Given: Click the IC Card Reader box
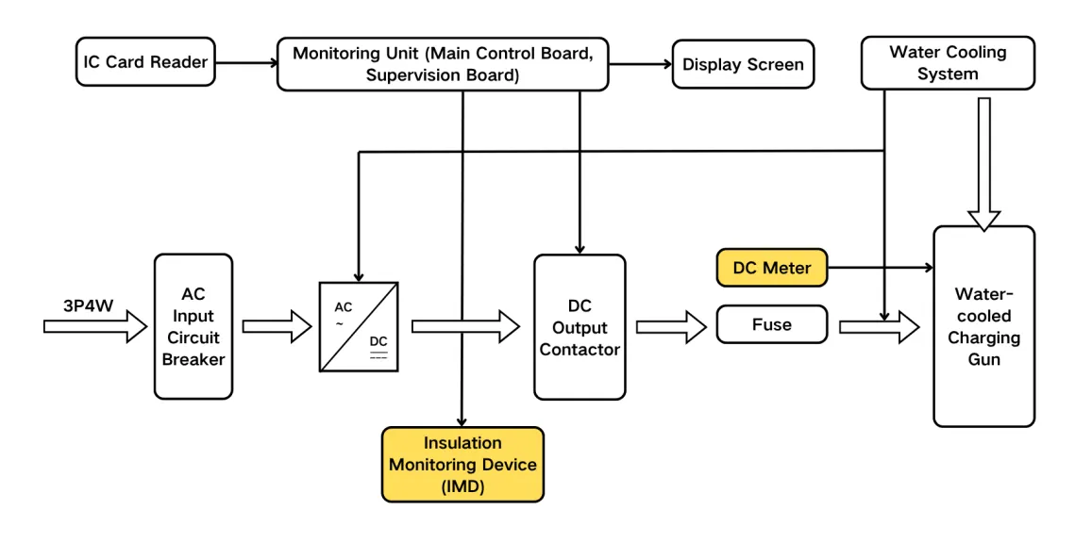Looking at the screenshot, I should [x=145, y=63].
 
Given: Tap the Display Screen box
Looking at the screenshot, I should [x=743, y=64].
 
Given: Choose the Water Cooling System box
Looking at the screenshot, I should [x=947, y=63].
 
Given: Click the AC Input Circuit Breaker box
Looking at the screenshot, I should [x=193, y=326].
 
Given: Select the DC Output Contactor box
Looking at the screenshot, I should [x=580, y=326].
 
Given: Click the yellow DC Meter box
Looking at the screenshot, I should [x=771, y=268].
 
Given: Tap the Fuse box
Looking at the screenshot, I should [x=771, y=324].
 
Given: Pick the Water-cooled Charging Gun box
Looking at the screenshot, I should [x=983, y=326].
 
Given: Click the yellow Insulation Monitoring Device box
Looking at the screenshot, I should [x=462, y=465].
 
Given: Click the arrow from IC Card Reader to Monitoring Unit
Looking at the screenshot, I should [x=245, y=64].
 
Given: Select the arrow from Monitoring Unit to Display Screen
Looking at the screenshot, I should [x=639, y=64].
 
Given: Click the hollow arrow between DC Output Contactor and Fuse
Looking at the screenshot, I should [x=670, y=326].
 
